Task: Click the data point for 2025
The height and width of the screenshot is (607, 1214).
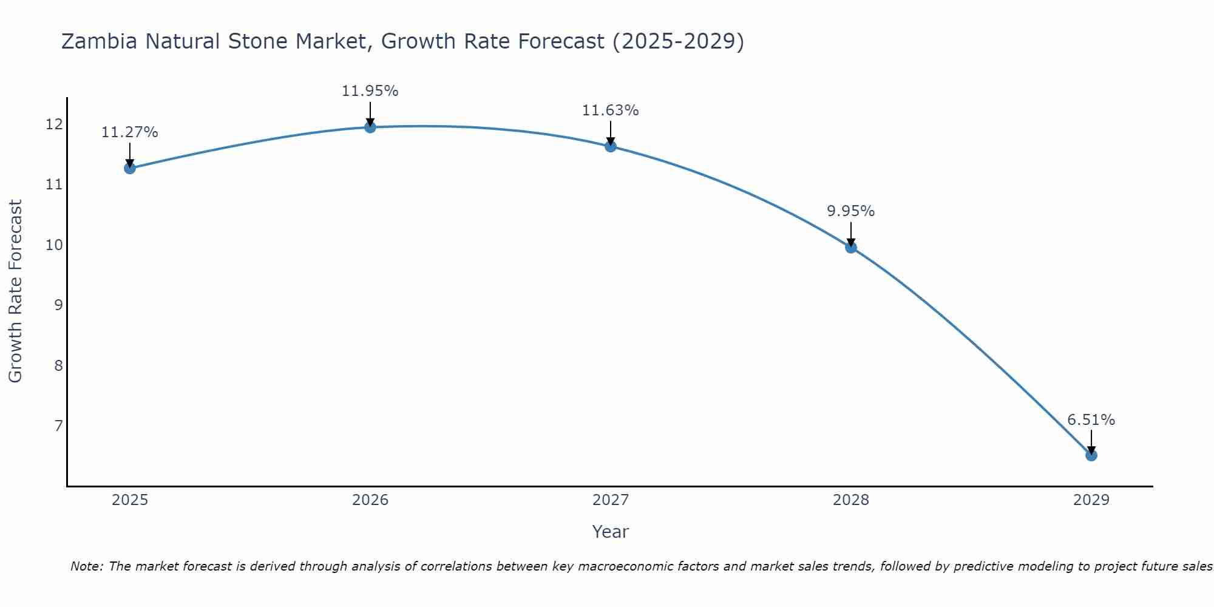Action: [129, 168]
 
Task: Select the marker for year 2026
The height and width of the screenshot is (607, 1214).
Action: [370, 127]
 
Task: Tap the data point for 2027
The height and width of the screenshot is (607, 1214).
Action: [610, 146]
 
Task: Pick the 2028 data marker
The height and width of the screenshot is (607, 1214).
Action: [850, 247]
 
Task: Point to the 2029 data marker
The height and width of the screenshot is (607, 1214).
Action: [1091, 455]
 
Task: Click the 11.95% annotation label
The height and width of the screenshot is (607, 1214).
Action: [370, 91]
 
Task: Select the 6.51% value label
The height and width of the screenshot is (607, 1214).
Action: [1091, 420]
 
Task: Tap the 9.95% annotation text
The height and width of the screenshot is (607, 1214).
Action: [850, 211]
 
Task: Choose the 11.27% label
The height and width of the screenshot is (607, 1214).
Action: [129, 132]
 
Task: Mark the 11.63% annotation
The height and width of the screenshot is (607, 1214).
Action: [610, 110]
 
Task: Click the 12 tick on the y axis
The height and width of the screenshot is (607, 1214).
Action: [54, 124]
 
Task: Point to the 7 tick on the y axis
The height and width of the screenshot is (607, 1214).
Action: [58, 426]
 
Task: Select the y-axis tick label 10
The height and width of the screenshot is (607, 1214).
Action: [54, 245]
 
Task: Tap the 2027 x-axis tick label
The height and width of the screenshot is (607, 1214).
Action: [610, 500]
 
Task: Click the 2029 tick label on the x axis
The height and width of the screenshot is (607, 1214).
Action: [1091, 500]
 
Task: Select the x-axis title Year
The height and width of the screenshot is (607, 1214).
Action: [610, 532]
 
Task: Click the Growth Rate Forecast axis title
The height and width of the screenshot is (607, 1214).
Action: [16, 291]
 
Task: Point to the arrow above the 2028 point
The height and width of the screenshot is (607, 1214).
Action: [850, 234]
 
